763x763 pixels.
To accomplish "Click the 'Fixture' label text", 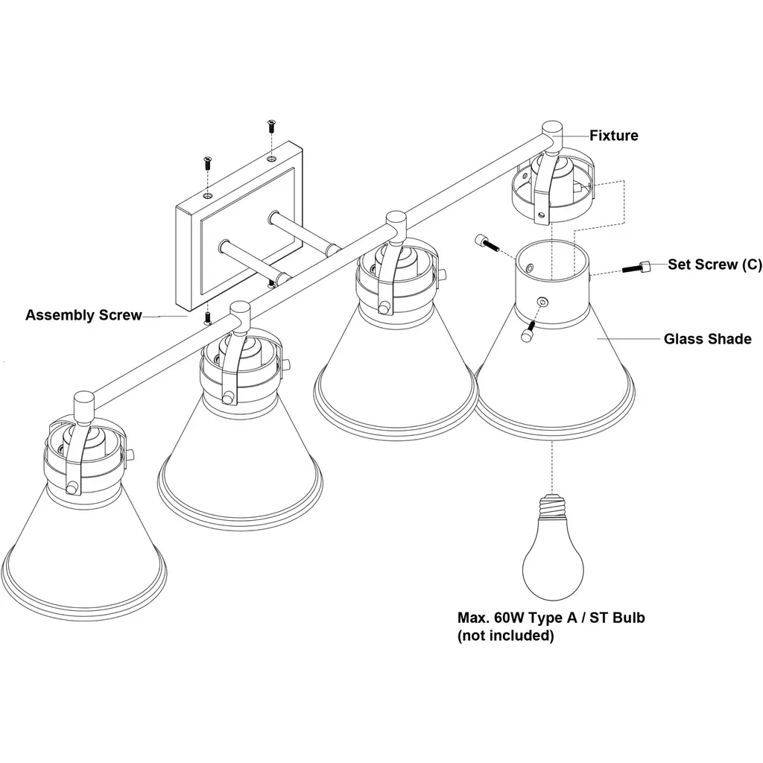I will point(613,136).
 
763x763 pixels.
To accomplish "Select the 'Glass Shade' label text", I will point(707,339).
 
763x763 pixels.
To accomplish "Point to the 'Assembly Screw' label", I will point(83,315).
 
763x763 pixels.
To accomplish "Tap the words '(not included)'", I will point(505,636).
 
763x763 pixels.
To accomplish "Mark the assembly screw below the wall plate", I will point(208,319).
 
